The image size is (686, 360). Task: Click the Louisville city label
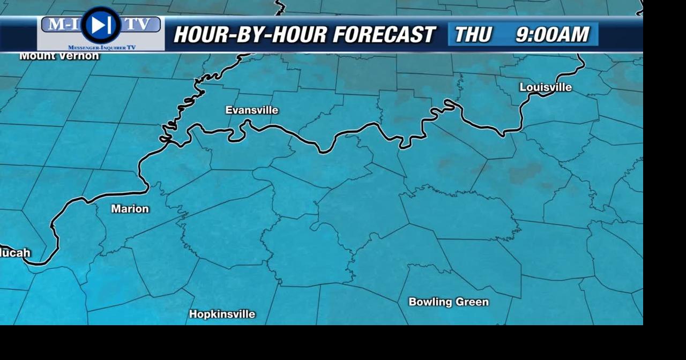546,87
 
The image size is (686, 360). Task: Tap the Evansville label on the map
252,110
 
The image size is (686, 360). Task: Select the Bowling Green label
449,302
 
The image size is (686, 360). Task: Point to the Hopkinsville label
222,314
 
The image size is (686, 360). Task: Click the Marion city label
130,209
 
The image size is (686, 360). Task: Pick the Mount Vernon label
59,56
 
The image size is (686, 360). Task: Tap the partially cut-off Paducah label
15,253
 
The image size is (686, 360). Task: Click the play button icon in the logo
100,25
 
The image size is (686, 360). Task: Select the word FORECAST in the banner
383,35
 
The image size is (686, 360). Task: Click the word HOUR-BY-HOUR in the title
250,35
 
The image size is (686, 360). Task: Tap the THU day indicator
473,35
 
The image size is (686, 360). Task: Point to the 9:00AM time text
552,35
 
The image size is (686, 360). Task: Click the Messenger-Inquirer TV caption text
102,48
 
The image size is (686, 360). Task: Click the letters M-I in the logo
62,24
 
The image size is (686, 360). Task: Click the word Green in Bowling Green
471,302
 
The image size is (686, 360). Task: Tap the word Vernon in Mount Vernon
80,56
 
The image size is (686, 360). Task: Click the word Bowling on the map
429,302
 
